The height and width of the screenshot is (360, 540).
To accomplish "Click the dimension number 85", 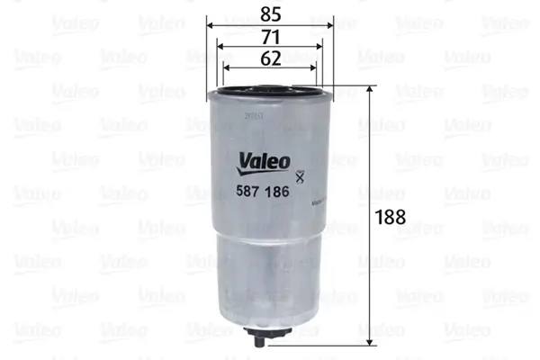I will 269,14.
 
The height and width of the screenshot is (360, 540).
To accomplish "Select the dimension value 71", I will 269,37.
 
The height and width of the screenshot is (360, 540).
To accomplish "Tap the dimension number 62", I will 269,58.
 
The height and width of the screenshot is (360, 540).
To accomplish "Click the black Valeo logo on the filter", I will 264,162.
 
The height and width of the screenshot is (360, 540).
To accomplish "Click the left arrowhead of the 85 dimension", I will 211,26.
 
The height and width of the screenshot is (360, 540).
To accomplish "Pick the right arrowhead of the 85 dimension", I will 328,26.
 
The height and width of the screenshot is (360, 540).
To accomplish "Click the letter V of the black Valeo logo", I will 243,162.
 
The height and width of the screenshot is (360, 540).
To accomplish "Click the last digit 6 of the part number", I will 285,191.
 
